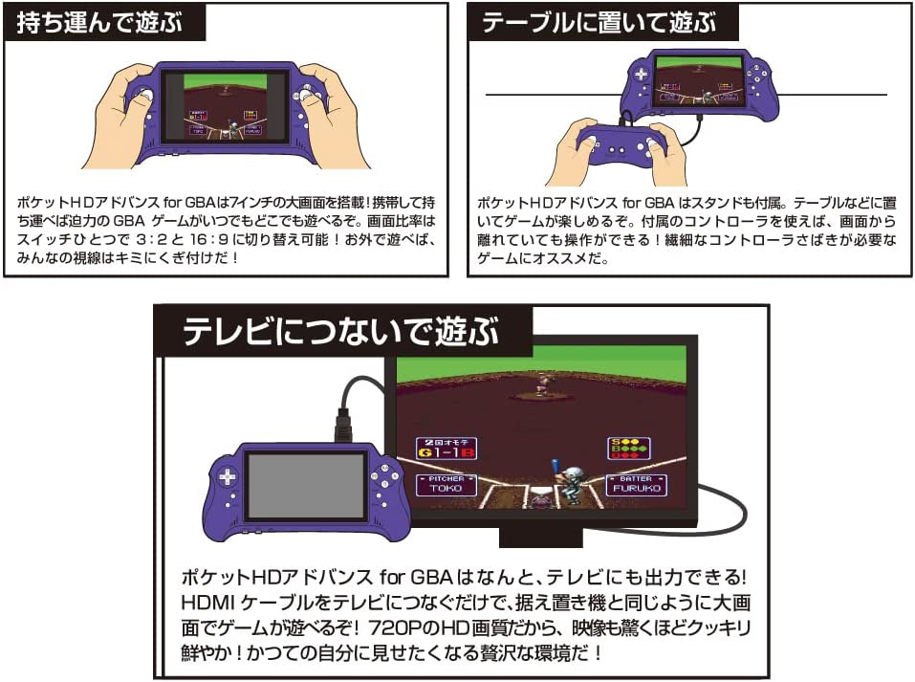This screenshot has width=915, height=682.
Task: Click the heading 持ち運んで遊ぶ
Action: (99, 23)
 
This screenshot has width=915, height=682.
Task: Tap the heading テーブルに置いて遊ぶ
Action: (599, 23)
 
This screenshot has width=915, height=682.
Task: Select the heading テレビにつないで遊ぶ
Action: (341, 331)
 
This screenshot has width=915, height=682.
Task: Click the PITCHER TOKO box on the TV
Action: (446, 485)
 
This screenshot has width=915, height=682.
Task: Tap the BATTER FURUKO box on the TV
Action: (636, 485)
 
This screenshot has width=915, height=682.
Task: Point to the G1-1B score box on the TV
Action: (447, 448)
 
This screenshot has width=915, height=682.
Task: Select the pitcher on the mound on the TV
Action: (544, 384)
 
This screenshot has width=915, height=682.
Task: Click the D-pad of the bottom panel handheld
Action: (228, 477)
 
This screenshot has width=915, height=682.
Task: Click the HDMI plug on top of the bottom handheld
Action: (343, 426)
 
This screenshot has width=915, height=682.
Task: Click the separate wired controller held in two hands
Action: (621, 144)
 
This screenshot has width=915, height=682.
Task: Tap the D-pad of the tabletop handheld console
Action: (641, 75)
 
